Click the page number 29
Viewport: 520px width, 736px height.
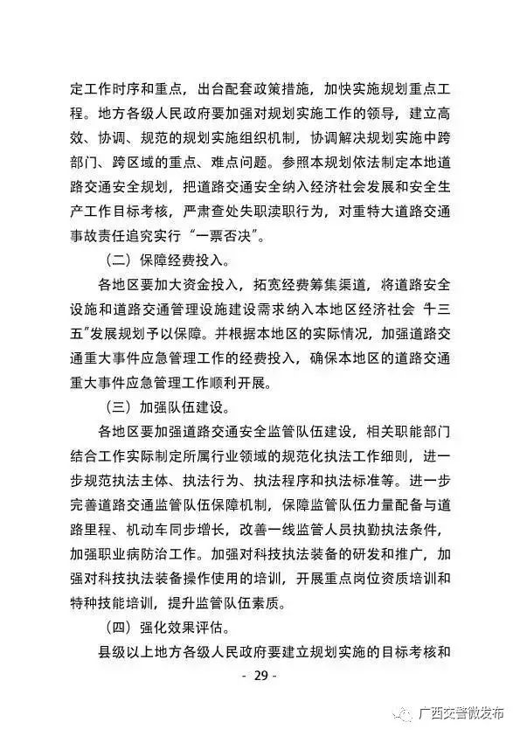[x=259, y=676]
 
